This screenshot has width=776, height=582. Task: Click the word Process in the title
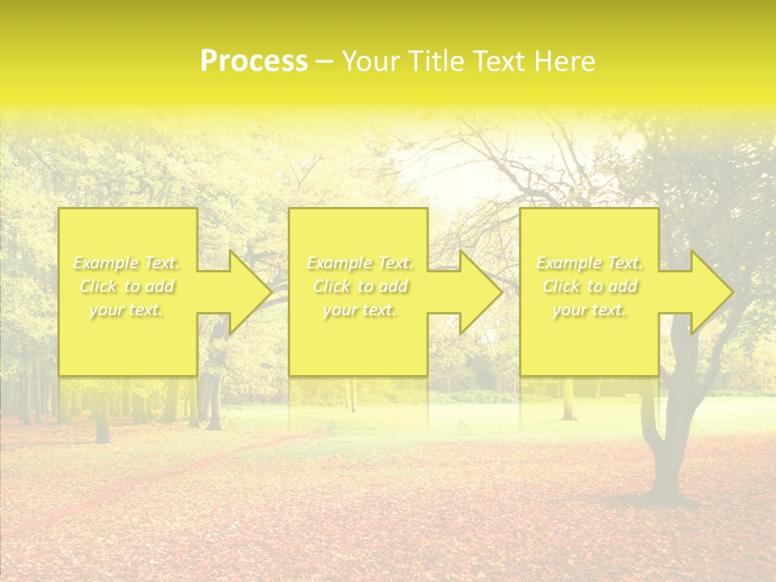tap(253, 61)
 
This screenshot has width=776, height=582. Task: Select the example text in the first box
tap(126, 286)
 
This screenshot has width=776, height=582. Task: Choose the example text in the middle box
tap(360, 286)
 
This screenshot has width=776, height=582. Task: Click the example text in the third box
tap(589, 286)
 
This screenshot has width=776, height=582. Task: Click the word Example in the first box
tap(105, 263)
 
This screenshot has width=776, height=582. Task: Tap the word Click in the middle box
tap(330, 286)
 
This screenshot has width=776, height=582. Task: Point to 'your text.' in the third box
tap(589, 310)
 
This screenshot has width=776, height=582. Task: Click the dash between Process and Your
tap(324, 61)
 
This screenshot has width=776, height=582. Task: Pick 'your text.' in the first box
tap(126, 310)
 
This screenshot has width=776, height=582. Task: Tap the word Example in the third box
tap(568, 263)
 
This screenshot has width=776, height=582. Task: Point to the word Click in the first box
tap(97, 286)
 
